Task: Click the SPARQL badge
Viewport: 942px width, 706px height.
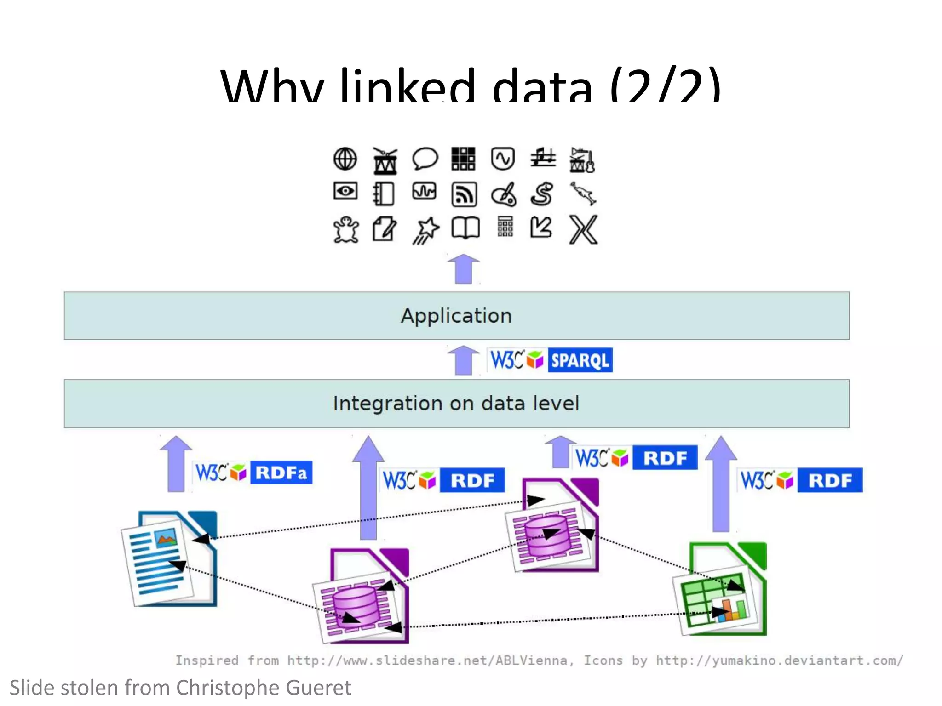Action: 580,360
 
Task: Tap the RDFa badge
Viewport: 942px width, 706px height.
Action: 281,473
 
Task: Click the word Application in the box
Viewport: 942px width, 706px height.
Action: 456,316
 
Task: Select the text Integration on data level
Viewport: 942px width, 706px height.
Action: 456,404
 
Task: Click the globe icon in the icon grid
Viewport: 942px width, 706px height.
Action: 345,159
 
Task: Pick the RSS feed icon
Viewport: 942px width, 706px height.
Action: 464,194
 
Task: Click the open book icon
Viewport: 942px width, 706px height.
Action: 465,228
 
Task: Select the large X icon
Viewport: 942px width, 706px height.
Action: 583,229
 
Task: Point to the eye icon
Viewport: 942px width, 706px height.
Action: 345,191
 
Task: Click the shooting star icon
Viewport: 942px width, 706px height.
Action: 425,230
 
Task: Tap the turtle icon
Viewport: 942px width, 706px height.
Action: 346,229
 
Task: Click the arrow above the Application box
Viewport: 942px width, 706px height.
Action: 463,268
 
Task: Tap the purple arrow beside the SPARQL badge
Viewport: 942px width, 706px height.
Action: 463,360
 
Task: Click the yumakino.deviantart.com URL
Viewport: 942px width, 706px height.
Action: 779,660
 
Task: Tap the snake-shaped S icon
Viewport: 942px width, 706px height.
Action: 542,194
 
